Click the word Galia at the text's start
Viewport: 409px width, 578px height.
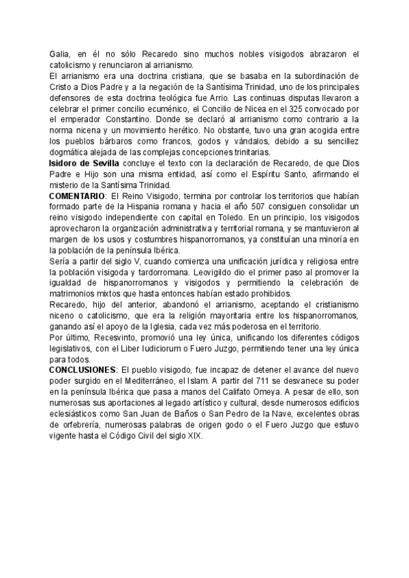coord(60,54)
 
